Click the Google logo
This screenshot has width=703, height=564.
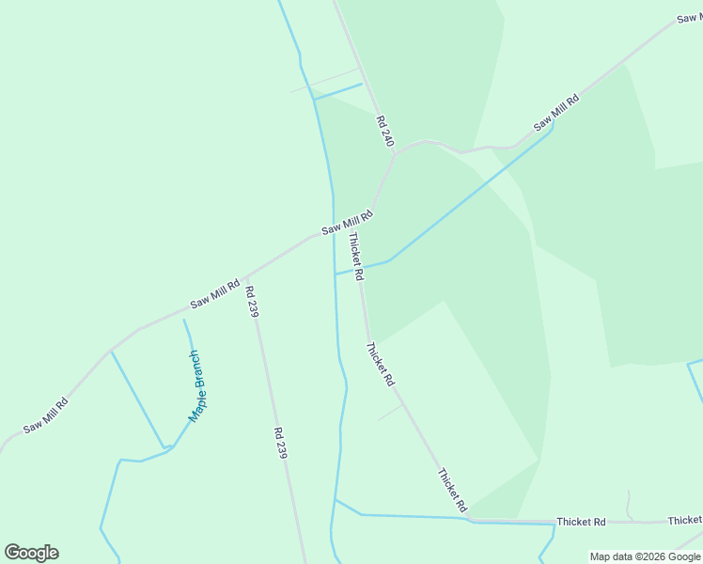click(32, 553)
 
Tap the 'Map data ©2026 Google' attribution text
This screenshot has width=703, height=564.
click(646, 556)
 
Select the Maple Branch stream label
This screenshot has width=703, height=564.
click(195, 385)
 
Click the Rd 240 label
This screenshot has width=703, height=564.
click(383, 131)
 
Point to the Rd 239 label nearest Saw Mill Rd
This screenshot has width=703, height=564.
click(251, 303)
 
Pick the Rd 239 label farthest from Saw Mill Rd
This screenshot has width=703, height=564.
click(279, 443)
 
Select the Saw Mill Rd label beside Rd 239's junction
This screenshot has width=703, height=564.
click(215, 292)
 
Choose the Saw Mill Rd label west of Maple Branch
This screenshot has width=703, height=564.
click(45, 415)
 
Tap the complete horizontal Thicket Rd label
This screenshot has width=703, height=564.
click(581, 521)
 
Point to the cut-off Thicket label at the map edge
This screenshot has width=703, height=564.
click(685, 520)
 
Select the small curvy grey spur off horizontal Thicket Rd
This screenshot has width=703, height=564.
click(630, 504)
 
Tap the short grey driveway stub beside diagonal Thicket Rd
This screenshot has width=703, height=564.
click(389, 413)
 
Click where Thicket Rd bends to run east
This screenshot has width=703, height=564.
click(469, 518)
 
